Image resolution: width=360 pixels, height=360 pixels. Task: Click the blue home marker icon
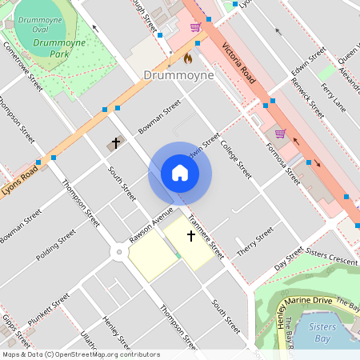pyautogui.click(x=180, y=174)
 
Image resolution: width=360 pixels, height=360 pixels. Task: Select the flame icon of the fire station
pyautogui.click(x=188, y=58)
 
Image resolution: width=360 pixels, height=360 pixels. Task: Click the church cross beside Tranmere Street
pyautogui.click(x=190, y=236)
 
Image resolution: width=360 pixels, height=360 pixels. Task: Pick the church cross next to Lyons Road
pyautogui.click(x=115, y=144)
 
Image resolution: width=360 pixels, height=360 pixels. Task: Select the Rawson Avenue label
pyautogui.click(x=150, y=226)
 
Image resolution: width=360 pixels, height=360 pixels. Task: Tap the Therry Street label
pyautogui.click(x=254, y=242)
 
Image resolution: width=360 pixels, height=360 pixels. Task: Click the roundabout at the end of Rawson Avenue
pyautogui.click(x=118, y=252)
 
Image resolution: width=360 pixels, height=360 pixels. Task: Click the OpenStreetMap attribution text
pyautogui.click(x=80, y=354)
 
